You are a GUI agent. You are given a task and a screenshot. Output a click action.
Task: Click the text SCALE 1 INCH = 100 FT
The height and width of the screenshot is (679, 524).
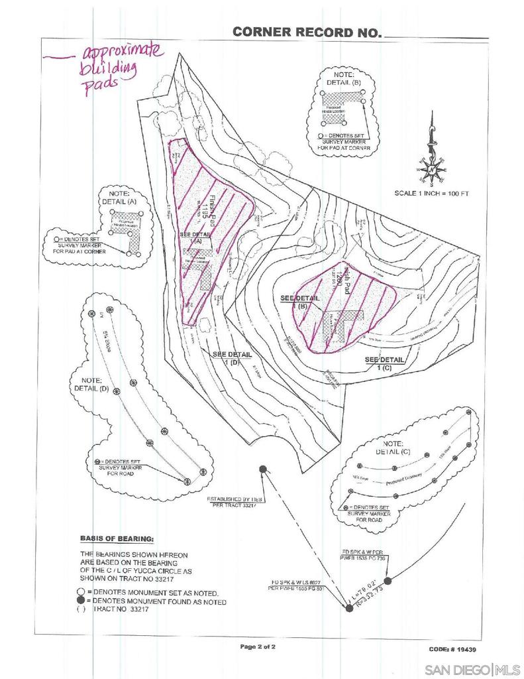431,194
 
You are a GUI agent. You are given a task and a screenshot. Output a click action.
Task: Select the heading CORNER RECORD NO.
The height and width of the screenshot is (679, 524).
307,32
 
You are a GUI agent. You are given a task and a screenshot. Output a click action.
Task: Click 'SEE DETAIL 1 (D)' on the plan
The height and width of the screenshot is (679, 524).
233,359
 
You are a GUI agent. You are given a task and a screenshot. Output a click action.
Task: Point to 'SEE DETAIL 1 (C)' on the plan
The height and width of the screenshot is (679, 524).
385,363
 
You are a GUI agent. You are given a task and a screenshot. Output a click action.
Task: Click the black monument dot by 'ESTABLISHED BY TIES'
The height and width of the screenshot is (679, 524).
263,469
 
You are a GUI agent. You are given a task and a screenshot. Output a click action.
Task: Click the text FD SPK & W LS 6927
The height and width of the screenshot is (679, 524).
296,582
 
